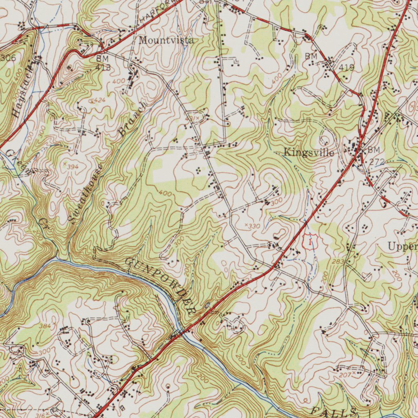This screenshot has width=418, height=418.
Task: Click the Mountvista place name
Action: (x=166, y=40)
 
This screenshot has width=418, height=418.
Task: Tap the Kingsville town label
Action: (x=309, y=153)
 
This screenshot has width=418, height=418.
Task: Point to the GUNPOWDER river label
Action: (x=161, y=286)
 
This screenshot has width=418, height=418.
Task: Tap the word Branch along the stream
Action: (x=132, y=119)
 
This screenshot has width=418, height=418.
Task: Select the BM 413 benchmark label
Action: (x=103, y=63)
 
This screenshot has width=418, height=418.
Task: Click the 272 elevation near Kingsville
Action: (x=377, y=162)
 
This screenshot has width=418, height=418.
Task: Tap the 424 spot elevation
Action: (x=99, y=100)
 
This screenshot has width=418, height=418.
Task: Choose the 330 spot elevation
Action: (x=253, y=226)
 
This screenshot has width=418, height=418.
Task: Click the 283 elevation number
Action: (x=338, y=261)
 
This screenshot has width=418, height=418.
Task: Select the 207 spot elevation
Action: (x=345, y=375)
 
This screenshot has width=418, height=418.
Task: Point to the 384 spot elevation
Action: (x=45, y=326)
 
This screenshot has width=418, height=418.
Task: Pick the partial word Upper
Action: (x=402, y=246)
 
